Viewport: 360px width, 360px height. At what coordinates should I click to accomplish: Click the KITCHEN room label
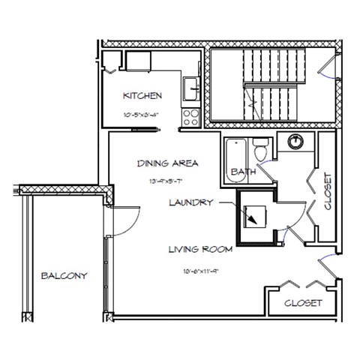142,97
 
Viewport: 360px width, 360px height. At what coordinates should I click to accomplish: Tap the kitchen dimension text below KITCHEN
142,115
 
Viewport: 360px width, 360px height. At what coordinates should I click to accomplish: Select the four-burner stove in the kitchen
190,117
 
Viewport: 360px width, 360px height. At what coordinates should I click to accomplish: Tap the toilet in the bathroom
259,149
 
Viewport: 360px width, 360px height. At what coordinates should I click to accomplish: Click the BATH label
241,172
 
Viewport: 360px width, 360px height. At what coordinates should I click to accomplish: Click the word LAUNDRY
192,202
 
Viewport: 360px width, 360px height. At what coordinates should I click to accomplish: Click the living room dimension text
198,271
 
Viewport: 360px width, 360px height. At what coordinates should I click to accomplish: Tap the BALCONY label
64,275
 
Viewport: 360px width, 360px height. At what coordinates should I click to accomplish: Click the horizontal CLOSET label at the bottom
304,304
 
